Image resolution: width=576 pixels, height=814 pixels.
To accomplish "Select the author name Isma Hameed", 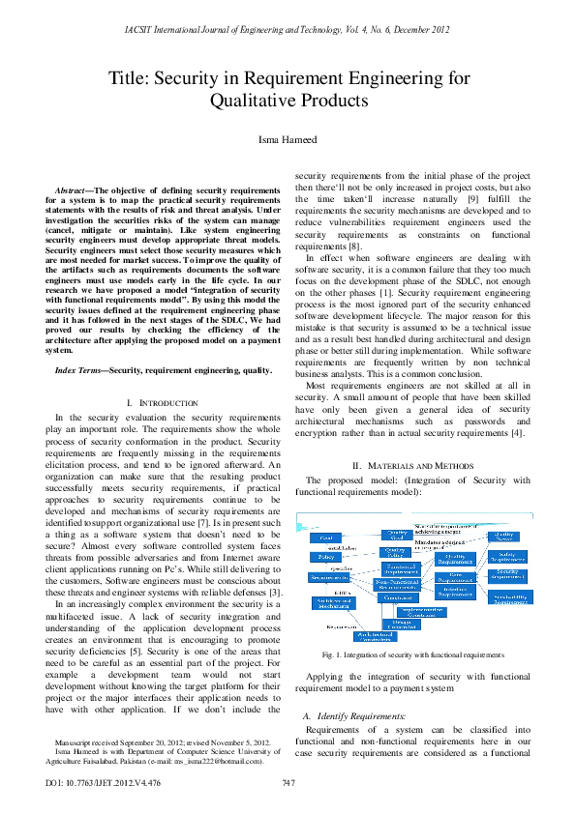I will (x=288, y=141).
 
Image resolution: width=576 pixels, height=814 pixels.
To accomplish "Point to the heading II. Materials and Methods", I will (x=414, y=465).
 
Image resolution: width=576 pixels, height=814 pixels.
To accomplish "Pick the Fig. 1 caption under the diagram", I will (x=414, y=654).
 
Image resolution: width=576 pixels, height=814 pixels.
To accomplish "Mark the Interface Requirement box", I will (x=452, y=592).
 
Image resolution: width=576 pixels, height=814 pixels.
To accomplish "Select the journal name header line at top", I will (x=288, y=32).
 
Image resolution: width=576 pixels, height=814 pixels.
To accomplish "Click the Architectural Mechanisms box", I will (x=333, y=602).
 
